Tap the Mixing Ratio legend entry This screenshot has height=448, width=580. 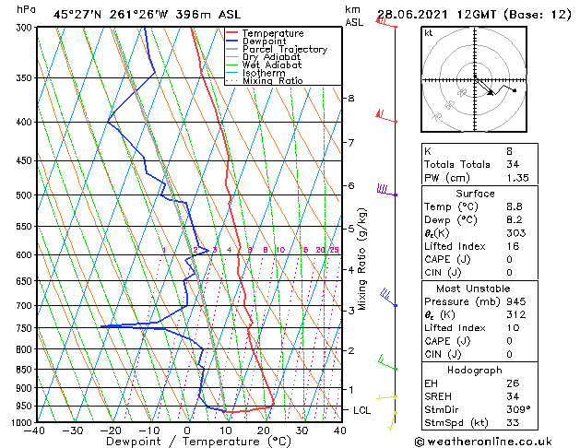click(272, 81)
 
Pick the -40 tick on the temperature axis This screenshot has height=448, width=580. click(36, 430)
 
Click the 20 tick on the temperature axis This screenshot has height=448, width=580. click(263, 430)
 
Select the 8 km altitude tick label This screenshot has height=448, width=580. click(350, 98)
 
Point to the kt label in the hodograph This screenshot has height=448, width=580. click(428, 32)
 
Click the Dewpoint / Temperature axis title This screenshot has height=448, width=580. click(187, 442)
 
